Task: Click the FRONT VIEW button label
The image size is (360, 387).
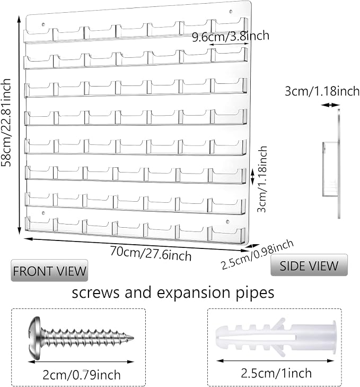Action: [49, 271]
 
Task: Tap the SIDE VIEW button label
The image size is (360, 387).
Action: [309, 265]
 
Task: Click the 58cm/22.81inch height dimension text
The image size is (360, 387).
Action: [6, 123]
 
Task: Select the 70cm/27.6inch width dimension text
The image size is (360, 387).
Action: [151, 253]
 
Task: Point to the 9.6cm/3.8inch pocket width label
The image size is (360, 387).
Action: [231, 36]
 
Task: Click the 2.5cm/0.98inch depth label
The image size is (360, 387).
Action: [257, 254]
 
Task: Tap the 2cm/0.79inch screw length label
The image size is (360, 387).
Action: [82, 375]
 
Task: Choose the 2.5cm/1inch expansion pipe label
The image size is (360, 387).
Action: [276, 373]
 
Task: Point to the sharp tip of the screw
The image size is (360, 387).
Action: [133, 338]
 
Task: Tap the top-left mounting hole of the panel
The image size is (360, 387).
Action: [43, 24]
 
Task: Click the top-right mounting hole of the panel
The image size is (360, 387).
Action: [231, 11]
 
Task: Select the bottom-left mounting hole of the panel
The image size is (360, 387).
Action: [43, 213]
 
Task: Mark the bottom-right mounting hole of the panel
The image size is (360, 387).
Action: [227, 221]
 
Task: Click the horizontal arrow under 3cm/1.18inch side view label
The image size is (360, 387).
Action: [330, 105]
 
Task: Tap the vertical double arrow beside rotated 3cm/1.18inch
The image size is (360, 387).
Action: [252, 176]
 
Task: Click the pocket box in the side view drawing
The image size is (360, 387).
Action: [330, 169]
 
